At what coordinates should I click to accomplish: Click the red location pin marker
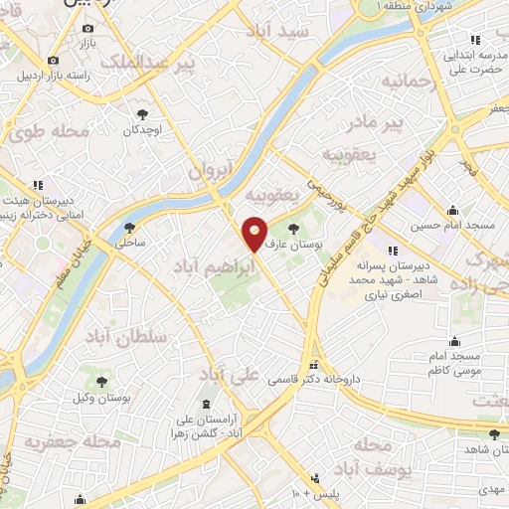255,233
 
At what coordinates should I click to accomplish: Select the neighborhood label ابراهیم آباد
212,265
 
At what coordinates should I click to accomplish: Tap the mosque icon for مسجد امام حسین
454,210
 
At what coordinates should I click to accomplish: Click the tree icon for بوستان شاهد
495,433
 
